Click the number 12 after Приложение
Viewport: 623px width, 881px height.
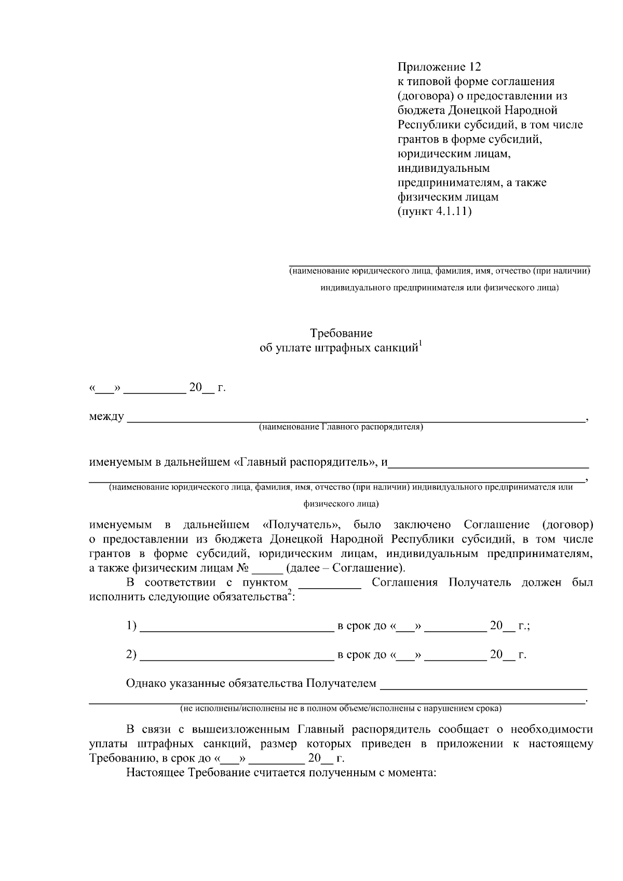tap(475, 67)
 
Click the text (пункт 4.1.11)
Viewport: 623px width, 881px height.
tap(435, 212)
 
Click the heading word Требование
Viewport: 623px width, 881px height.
tap(341, 333)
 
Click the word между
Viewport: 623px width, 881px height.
tap(106, 416)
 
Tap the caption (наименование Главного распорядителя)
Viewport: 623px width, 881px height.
tap(341, 427)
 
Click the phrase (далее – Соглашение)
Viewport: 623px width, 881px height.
tap(345, 568)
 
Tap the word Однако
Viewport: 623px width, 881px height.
tap(146, 683)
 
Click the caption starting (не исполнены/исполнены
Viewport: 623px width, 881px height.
tap(341, 709)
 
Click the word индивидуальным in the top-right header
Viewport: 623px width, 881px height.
tap(443, 168)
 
